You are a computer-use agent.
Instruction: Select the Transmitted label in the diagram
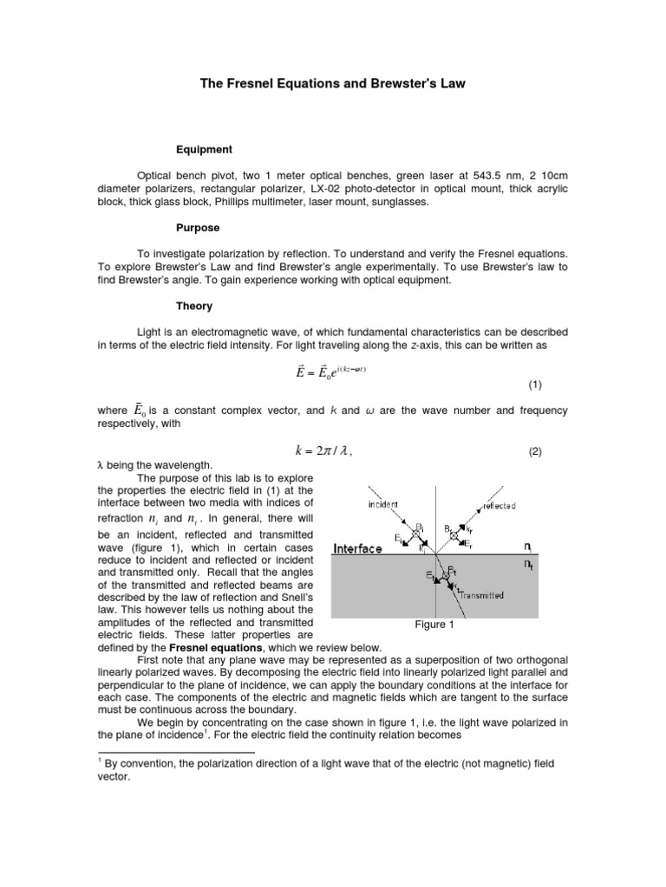tap(486, 595)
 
